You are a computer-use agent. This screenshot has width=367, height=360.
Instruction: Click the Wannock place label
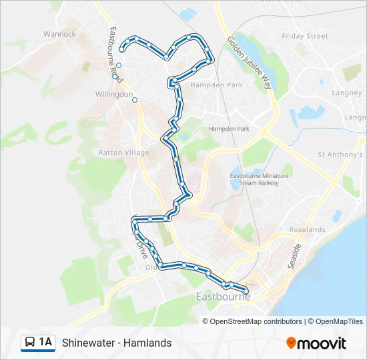click(59, 34)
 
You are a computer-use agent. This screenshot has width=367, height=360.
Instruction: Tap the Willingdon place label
click(114, 95)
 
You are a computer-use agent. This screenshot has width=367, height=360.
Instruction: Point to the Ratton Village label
click(124, 153)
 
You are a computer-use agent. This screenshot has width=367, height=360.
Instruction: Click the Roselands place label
click(307, 229)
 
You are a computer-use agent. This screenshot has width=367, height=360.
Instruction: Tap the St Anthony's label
click(340, 155)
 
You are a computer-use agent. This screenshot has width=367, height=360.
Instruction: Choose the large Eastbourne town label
click(223, 297)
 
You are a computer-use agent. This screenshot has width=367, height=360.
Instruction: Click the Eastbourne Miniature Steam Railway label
click(254, 179)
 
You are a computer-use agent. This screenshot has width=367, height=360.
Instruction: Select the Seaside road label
click(294, 255)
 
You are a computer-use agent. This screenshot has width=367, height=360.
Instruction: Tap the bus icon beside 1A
click(31, 343)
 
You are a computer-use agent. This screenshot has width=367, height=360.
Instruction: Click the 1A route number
click(46, 343)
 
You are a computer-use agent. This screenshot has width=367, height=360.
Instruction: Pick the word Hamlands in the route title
click(148, 343)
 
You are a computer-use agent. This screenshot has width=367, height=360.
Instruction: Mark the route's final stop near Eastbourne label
click(246, 291)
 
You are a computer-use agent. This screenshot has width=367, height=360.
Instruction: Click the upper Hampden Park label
click(207, 86)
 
